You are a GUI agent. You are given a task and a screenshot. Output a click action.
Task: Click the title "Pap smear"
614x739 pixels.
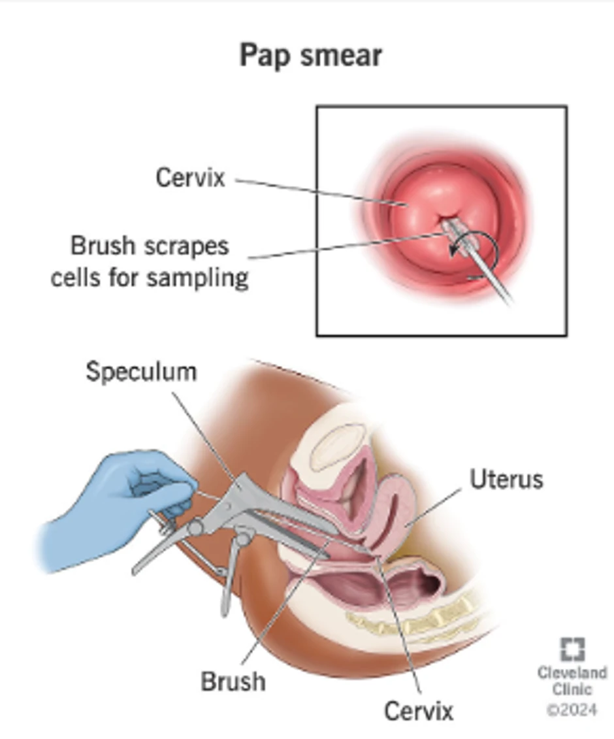tap(310, 55)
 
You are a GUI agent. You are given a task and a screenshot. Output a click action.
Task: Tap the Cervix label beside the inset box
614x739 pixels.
tap(190, 177)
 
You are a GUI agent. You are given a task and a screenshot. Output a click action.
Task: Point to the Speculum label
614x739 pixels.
tap(141, 371)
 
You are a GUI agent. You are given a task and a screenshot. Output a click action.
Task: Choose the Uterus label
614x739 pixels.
tap(506, 479)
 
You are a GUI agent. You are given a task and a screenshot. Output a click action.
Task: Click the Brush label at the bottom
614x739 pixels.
tap(233, 681)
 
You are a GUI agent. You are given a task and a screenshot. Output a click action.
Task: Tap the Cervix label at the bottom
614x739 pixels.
tap(418, 710)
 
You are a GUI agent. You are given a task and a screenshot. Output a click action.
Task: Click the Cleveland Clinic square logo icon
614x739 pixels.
tap(572, 649)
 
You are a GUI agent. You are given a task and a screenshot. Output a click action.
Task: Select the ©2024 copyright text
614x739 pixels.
tap(572, 708)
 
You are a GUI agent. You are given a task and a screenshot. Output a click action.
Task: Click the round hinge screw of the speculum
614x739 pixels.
tap(195, 527)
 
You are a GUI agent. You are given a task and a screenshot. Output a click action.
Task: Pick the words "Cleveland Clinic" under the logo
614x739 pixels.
tap(572, 680)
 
